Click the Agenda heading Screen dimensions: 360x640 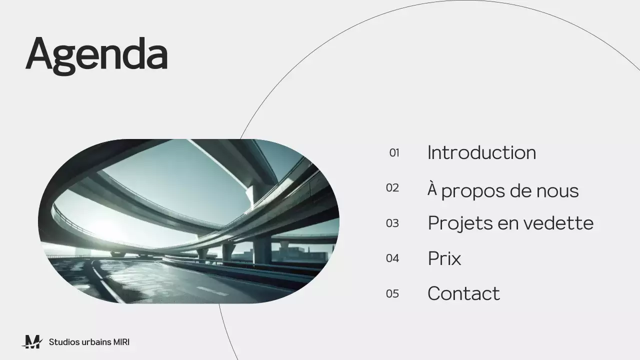(x=96, y=53)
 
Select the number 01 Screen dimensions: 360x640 (x=394, y=153)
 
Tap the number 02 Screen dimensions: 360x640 (x=392, y=188)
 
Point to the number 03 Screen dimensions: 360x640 (x=392, y=223)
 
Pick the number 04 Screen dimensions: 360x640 (x=392, y=258)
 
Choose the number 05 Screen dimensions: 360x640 (x=392, y=293)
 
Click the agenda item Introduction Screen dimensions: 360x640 (x=481, y=152)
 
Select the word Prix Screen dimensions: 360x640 (x=444, y=258)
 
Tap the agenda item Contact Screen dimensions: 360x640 (x=463, y=293)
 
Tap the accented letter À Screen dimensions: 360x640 (x=432, y=189)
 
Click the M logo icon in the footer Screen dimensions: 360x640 (x=33, y=342)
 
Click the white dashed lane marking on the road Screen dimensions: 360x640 (x=212, y=290)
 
